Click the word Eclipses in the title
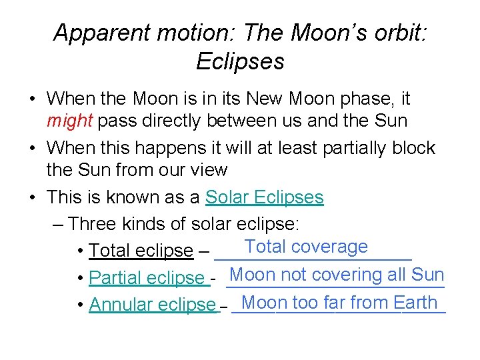[240, 61]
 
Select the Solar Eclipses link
[265, 197]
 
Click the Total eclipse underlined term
[141, 251]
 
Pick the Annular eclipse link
[153, 305]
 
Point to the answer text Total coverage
[306, 247]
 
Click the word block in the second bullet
[413, 148]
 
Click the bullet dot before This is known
[33, 198]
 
